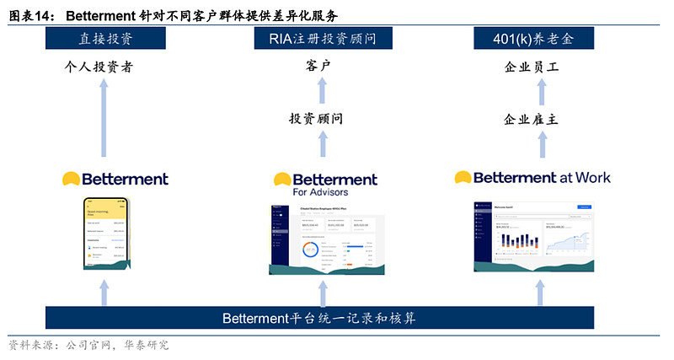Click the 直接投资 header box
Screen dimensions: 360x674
(104, 39)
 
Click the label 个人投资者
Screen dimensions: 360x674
(104, 67)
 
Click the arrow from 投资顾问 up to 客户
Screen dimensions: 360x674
(320, 93)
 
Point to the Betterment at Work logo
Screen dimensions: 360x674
(532, 178)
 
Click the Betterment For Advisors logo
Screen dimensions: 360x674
(324, 184)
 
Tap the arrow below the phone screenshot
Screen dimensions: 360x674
(104, 292)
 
